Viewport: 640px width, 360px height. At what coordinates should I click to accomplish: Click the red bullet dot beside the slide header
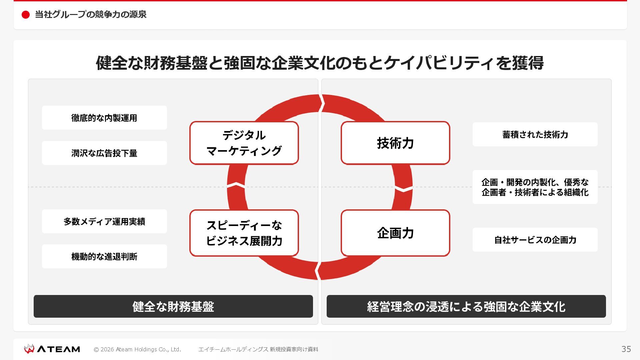(x=26, y=15)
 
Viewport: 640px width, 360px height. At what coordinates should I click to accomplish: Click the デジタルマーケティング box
(x=244, y=143)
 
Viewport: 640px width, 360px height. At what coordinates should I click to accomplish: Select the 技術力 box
(x=395, y=143)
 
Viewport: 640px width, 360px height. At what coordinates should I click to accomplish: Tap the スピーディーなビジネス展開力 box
(x=244, y=233)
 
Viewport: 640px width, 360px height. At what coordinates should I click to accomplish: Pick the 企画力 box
(x=395, y=233)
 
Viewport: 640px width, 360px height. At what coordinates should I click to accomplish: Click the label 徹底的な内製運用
(x=104, y=118)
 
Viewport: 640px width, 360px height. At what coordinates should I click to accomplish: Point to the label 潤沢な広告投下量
(x=104, y=153)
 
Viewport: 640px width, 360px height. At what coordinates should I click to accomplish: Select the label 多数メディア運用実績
(x=104, y=221)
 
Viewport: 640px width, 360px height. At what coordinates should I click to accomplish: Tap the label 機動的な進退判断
(x=104, y=256)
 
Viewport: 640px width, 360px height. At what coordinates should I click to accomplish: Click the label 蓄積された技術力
(x=535, y=134)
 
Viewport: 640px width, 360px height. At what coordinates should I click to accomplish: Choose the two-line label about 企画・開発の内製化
(x=535, y=187)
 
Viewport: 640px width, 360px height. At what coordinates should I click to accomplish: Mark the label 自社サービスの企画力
(x=535, y=240)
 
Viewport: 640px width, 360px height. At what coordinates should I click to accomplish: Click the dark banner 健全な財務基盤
(x=173, y=306)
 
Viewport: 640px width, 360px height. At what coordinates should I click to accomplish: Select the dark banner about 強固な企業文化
(x=466, y=306)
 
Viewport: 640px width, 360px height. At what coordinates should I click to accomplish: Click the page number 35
(x=626, y=349)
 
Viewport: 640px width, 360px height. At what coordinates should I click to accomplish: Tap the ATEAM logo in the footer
(x=52, y=349)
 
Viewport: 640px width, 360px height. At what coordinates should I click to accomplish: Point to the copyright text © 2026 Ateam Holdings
(x=137, y=349)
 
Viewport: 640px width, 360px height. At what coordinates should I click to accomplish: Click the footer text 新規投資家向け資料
(x=294, y=349)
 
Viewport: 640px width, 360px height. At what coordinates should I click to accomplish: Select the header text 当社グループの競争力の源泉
(x=91, y=15)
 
